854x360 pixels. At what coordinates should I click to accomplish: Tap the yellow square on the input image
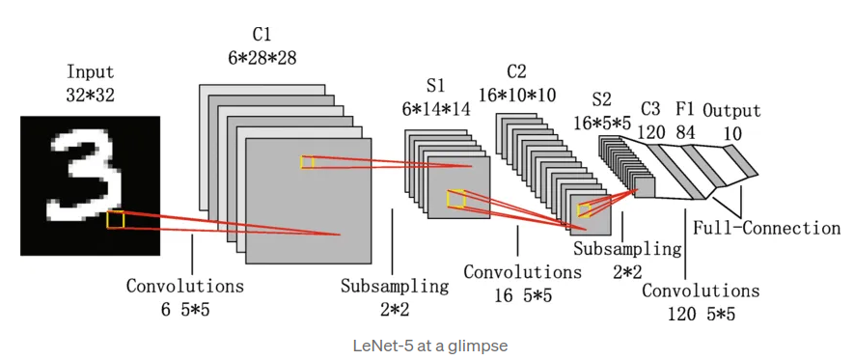coord(115,220)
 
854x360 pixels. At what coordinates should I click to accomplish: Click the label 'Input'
coord(90,72)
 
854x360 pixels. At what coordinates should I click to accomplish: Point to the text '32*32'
coord(90,94)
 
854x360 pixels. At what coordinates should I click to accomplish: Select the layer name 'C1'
coord(261,36)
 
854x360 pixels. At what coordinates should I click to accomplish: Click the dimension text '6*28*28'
coord(261,58)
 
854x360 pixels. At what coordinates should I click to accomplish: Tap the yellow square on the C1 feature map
coord(308,162)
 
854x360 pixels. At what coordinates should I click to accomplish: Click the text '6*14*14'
coord(435,109)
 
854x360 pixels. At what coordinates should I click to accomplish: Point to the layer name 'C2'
coord(516,71)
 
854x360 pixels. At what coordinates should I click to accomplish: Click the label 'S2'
coord(602,99)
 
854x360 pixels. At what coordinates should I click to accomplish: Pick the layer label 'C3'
coord(650,110)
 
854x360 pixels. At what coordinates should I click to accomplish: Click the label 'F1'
coord(685,110)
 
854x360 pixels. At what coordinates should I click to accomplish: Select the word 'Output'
coord(731,110)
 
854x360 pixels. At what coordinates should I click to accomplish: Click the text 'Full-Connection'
coord(767,228)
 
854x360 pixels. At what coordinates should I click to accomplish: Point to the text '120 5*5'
coord(701,313)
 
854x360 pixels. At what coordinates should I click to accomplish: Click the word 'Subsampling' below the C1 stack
coord(395,286)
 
